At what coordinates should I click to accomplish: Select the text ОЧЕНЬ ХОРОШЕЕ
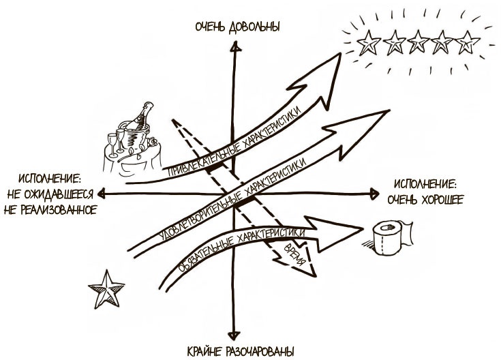425,200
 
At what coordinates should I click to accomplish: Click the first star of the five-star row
368,44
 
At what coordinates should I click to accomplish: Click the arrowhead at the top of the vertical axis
234,50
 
